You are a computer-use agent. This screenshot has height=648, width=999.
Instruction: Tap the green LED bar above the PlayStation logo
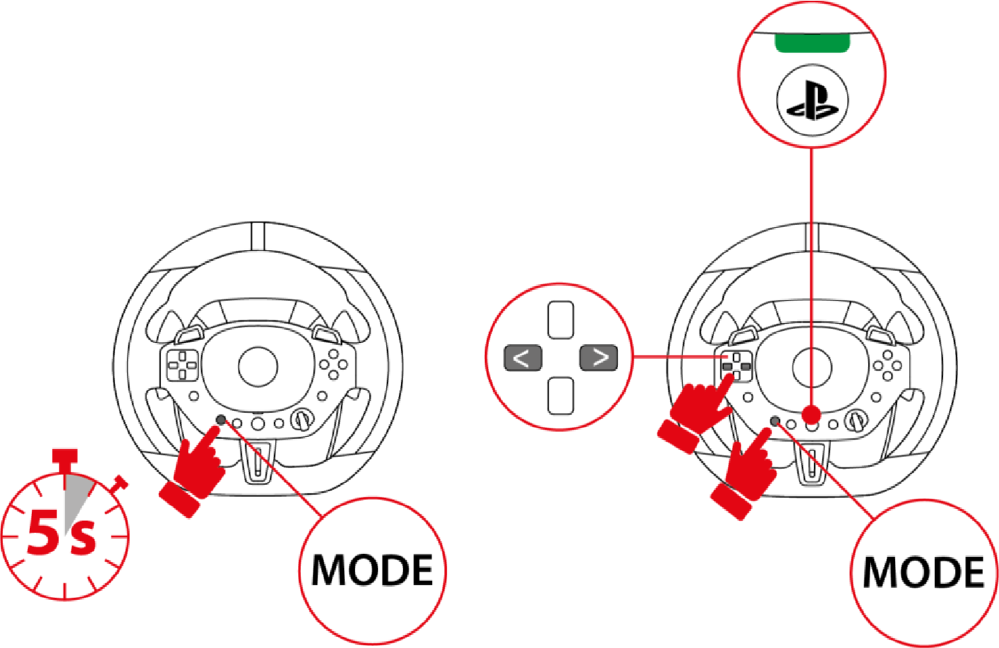point(812,43)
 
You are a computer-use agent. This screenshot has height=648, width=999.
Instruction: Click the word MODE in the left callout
point(371,569)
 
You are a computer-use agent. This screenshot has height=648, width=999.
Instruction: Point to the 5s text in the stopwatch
point(61,532)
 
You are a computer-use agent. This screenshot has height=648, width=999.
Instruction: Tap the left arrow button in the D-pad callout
point(522,358)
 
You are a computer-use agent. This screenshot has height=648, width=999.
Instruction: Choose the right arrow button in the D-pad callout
point(599,357)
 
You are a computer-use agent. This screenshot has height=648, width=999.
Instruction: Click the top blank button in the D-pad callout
point(561,320)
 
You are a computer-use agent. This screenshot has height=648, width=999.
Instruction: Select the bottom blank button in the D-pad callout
point(561,396)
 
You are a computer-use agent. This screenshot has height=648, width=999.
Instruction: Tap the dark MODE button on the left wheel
point(221,420)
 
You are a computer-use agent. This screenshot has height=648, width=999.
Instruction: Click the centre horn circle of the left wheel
point(258,367)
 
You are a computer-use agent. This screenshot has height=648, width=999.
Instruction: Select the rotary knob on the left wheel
point(301,420)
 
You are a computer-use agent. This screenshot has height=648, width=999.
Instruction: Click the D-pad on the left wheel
point(182,365)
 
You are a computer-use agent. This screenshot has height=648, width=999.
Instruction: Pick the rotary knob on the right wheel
point(855,421)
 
